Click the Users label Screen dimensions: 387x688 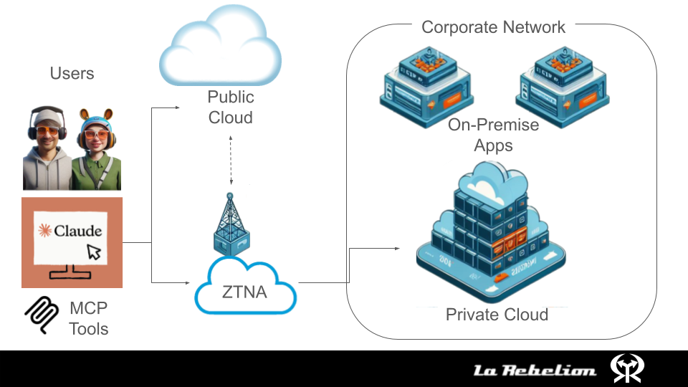pyautogui.click(x=72, y=73)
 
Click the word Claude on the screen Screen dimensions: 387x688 pyautogui.click(x=78, y=231)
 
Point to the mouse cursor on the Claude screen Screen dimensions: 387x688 pyautogui.click(x=94, y=252)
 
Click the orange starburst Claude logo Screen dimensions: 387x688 pyautogui.click(x=45, y=231)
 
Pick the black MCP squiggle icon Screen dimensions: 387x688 pyautogui.click(x=42, y=315)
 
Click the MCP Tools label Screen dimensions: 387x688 pyautogui.click(x=89, y=319)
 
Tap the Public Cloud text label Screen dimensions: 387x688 pyautogui.click(x=231, y=107)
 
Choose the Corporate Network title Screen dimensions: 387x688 pyautogui.click(x=493, y=27)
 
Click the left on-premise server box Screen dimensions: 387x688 pyautogui.click(x=426, y=83)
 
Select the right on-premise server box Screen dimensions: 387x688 pyautogui.click(x=561, y=83)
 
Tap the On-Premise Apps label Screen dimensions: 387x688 pyautogui.click(x=493, y=135)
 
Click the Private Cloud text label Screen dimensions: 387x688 pyautogui.click(x=497, y=314)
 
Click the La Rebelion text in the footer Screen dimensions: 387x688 pyautogui.click(x=535, y=370)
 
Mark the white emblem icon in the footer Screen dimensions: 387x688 pyautogui.click(x=627, y=368)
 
